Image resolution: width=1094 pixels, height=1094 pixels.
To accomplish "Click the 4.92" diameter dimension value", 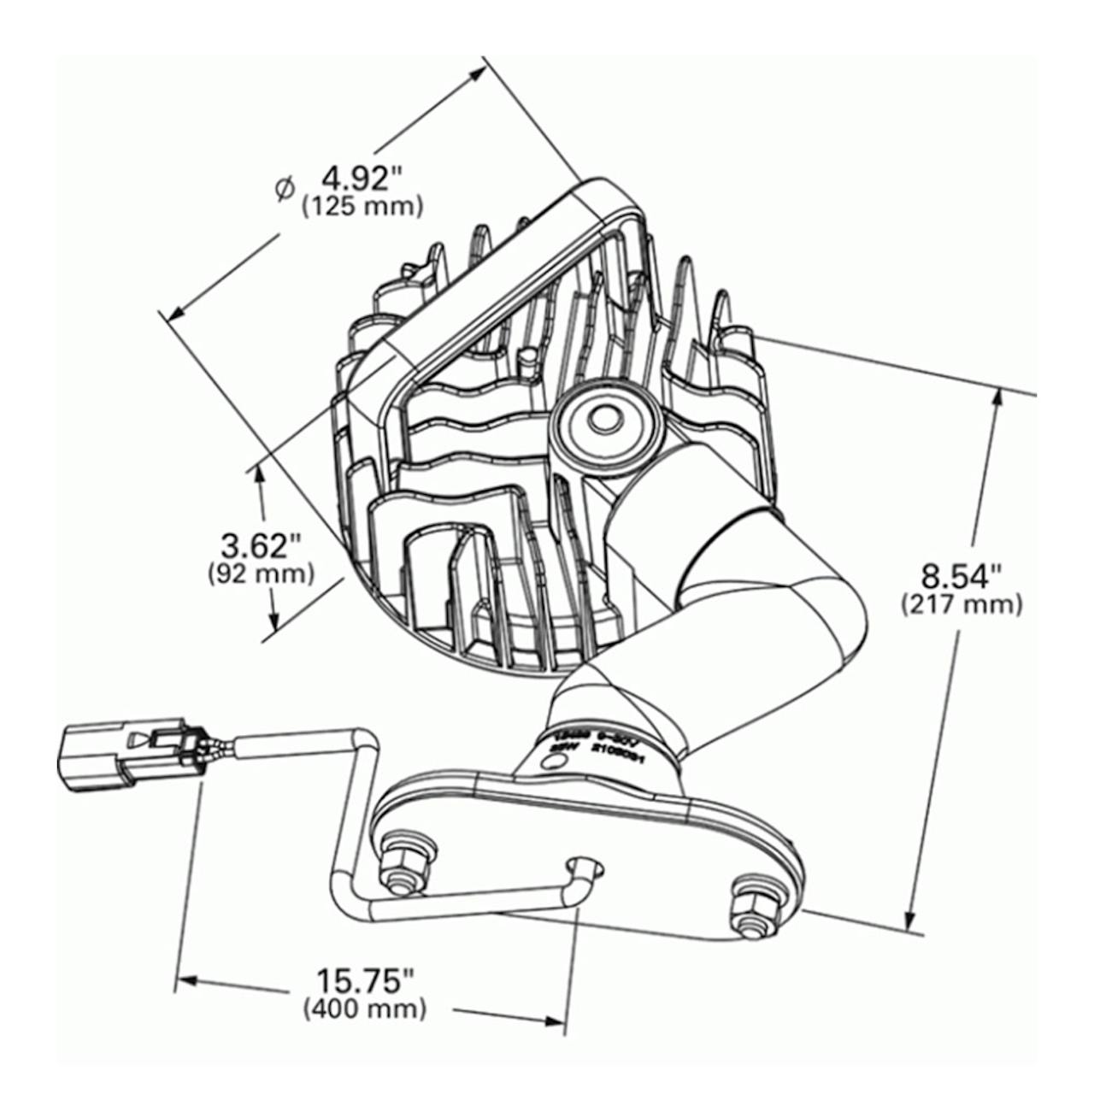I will [x=362, y=179].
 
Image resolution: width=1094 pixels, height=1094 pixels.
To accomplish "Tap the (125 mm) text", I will [x=362, y=207].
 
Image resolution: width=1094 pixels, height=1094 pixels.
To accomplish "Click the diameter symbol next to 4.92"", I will [x=285, y=189].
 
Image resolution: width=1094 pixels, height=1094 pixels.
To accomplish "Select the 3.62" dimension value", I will [x=261, y=544].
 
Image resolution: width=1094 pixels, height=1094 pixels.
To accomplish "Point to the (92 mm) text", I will [x=261, y=573].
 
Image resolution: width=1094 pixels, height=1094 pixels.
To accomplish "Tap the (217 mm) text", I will [x=961, y=605].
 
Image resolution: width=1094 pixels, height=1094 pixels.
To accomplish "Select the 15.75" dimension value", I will [x=365, y=979].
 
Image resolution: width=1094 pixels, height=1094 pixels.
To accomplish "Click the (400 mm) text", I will [x=365, y=1009].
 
